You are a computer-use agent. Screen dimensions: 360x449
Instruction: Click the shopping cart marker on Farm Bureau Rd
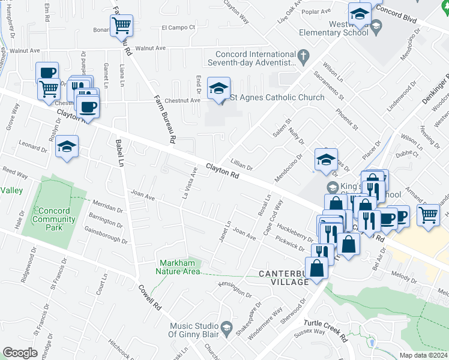pyautogui.click(x=121, y=26)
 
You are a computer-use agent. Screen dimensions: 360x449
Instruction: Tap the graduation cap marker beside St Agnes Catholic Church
pyautogui.click(x=218, y=89)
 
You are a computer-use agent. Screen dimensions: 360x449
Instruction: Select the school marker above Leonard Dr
pyautogui.click(x=67, y=147)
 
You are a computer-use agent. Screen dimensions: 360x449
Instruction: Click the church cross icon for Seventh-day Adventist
pyautogui.click(x=304, y=58)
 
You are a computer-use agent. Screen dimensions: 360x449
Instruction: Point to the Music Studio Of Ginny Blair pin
pyautogui.click(x=226, y=328)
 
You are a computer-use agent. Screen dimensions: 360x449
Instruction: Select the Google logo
pyautogui.click(x=20, y=353)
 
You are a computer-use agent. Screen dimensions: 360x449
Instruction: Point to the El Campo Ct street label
pyautogui.click(x=179, y=27)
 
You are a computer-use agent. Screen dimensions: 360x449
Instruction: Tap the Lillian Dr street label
pyautogui.click(x=242, y=163)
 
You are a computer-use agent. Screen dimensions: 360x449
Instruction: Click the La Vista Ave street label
pyautogui.click(x=190, y=183)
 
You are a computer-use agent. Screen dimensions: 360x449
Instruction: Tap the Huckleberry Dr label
pyautogui.click(x=295, y=233)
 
